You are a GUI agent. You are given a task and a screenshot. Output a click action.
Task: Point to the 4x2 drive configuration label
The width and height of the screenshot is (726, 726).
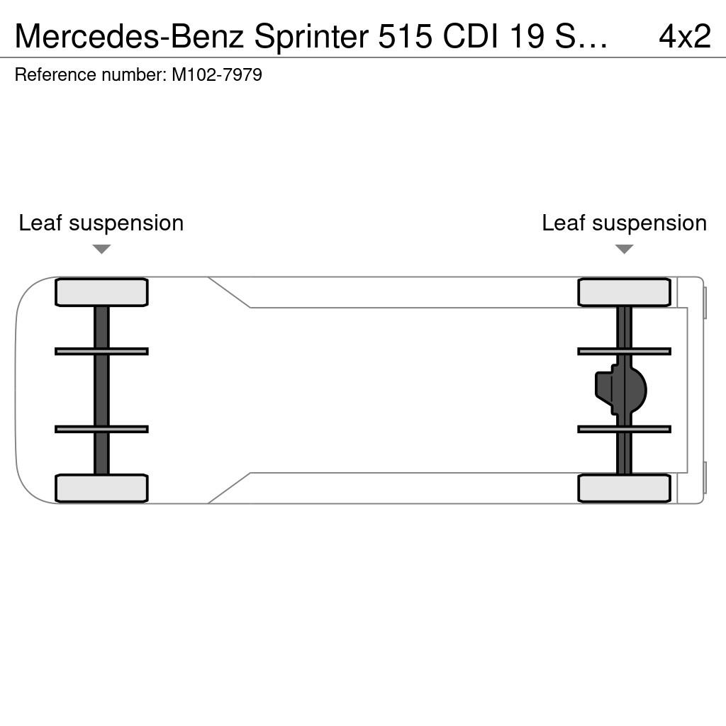point(685,36)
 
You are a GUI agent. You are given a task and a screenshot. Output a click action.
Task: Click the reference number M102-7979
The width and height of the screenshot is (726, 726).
point(217,74)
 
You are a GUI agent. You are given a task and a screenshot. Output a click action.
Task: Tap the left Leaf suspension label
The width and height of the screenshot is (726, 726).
point(101,223)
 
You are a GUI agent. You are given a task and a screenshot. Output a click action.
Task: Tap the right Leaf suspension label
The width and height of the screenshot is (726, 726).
point(624,223)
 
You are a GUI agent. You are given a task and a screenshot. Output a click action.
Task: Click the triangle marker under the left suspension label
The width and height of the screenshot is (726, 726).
point(101,249)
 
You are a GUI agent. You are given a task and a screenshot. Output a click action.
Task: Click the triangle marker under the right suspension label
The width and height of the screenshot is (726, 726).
point(624,249)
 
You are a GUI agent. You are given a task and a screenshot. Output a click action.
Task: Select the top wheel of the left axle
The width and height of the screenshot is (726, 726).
point(101,292)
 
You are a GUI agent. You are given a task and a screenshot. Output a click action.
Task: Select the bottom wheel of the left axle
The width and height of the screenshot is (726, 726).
point(101,488)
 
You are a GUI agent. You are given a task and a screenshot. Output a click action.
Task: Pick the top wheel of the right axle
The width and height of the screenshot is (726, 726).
point(624,292)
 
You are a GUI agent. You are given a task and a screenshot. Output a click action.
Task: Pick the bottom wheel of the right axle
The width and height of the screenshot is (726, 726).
point(624,488)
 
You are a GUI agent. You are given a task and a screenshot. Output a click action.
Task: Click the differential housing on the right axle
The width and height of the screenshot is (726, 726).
point(621,390)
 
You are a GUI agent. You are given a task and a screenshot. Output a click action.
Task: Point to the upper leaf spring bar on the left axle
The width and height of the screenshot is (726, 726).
point(101,352)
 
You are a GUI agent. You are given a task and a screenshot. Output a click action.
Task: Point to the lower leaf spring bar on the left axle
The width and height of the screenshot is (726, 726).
point(101,429)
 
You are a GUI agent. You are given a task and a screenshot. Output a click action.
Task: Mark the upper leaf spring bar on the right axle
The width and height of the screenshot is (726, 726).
point(624,352)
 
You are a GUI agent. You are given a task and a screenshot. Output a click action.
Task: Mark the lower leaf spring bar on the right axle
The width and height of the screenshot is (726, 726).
point(624,429)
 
